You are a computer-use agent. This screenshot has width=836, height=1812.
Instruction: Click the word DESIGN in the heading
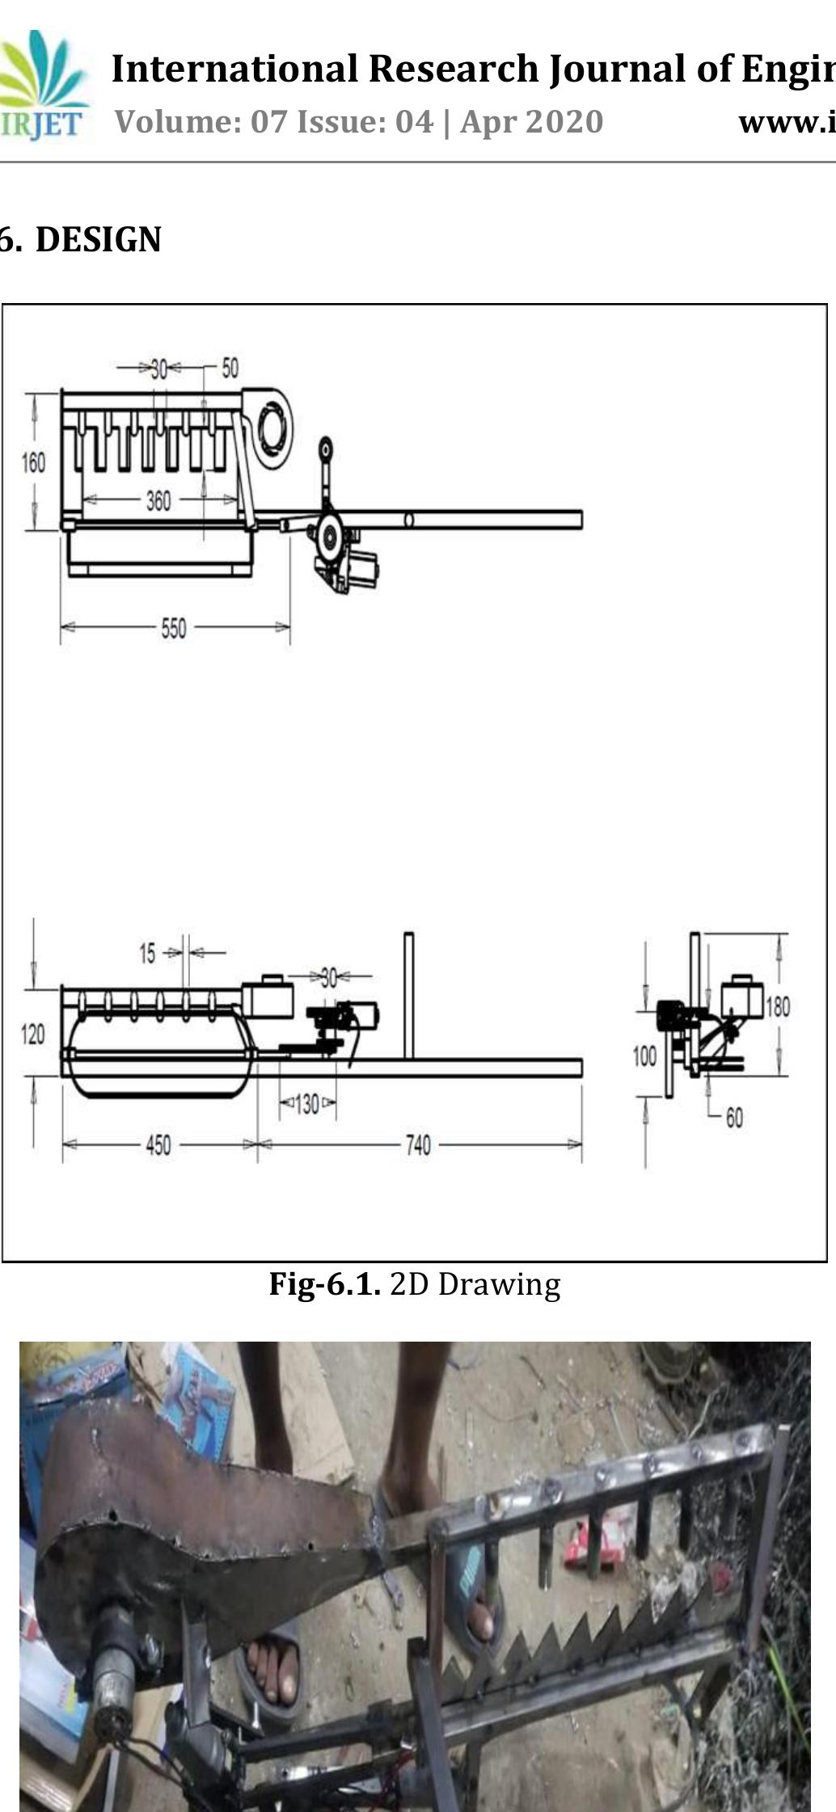(x=98, y=240)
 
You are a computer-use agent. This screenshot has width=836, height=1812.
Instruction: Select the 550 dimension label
(x=173, y=628)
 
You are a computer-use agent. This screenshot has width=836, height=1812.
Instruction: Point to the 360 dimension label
(x=158, y=501)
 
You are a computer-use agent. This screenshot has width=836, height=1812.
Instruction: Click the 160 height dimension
(x=33, y=462)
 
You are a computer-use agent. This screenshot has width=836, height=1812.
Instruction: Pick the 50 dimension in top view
(x=230, y=368)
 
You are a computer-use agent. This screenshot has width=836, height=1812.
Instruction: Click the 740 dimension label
(x=417, y=1145)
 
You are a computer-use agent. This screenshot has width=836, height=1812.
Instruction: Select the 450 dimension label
(x=158, y=1145)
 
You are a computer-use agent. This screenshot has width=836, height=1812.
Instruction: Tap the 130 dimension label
(x=306, y=1104)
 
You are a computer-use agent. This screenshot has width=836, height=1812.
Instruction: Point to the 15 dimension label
(x=146, y=954)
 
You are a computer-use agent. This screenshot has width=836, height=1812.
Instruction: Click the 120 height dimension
(x=32, y=1034)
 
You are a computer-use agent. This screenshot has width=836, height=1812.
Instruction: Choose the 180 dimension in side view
(x=777, y=1006)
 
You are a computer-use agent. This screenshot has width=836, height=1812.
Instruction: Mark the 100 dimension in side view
(x=644, y=1056)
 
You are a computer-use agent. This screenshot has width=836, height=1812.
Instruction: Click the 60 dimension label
(x=733, y=1118)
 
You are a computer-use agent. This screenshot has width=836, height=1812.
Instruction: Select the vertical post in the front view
(x=408, y=995)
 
